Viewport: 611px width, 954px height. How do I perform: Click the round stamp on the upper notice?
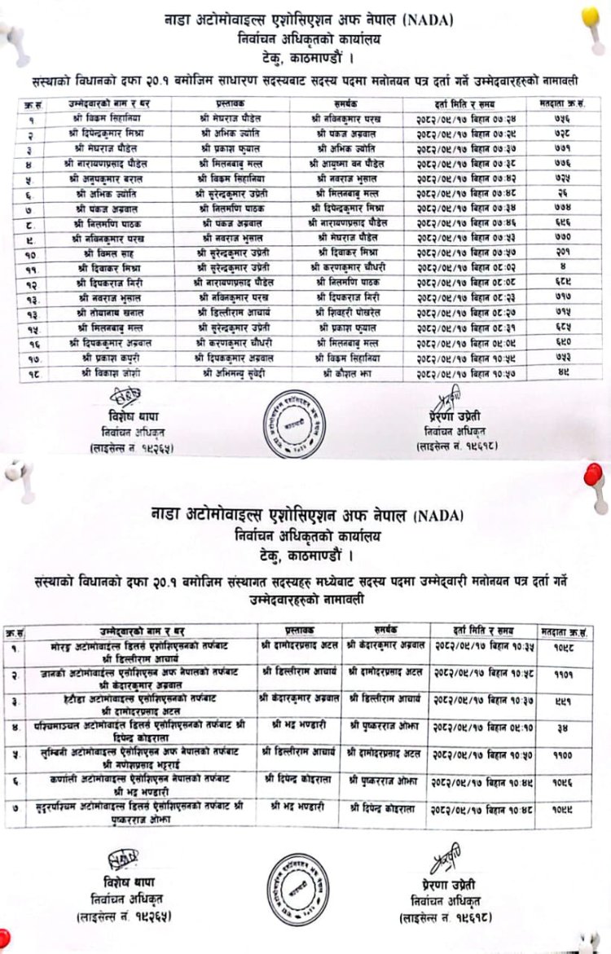pos(297,423)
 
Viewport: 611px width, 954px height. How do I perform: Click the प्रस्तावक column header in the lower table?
pos(299,630)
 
